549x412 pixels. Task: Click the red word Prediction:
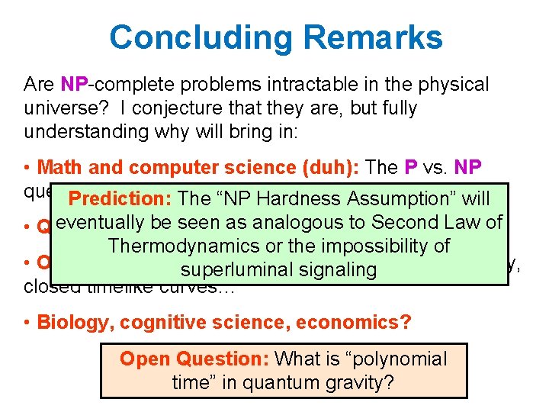pyautogui.click(x=120, y=199)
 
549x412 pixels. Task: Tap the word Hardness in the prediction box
pyautogui.click(x=300, y=199)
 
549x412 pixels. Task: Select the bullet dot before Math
pyautogui.click(x=27, y=167)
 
